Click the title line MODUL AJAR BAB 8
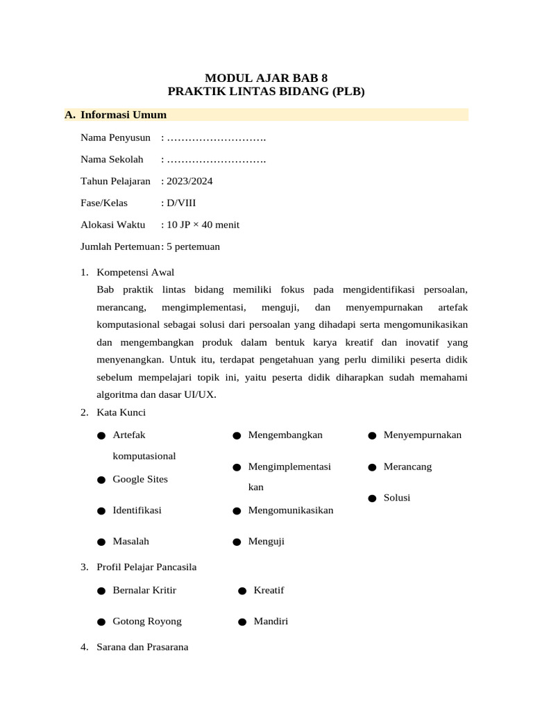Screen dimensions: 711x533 point(266,78)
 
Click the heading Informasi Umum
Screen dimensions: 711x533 point(123,115)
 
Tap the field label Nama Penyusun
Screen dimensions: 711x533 point(115,137)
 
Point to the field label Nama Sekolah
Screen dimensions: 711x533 point(112,159)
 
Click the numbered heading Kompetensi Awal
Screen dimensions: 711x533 point(135,271)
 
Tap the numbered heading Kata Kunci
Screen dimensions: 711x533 point(121,412)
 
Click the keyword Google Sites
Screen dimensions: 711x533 point(140,479)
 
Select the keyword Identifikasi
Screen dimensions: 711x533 point(137,510)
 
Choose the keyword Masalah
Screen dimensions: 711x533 point(130,541)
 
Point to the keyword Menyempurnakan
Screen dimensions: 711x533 point(422,435)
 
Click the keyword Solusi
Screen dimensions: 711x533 point(397,497)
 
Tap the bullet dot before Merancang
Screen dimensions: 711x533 point(372,467)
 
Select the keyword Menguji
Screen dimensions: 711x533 point(266,541)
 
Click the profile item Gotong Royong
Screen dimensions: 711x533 point(147,621)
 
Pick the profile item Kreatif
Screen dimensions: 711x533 point(269,590)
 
